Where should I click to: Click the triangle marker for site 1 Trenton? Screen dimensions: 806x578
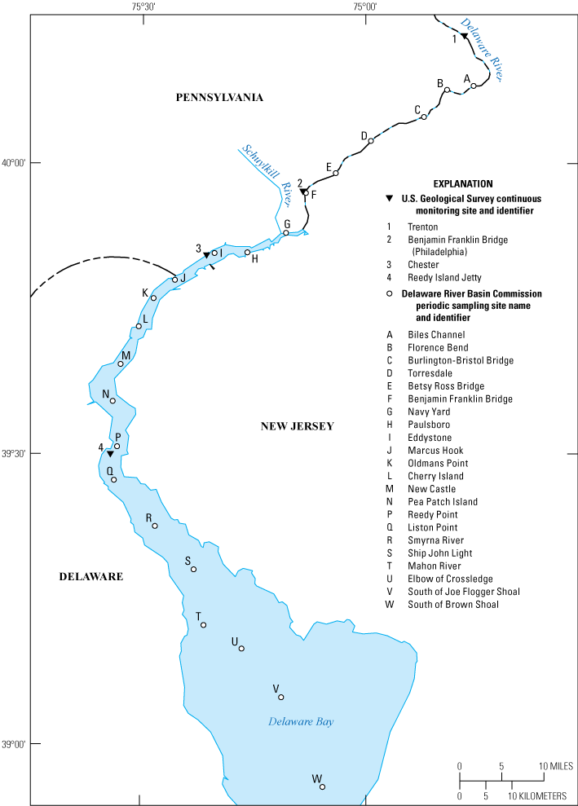464,37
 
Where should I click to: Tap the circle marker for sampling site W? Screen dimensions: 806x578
322,786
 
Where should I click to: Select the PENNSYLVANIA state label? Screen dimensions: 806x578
220,97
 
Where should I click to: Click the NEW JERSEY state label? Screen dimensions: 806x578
298,426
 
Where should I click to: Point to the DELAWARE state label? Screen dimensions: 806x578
90,576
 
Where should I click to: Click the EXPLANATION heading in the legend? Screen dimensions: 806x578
464,184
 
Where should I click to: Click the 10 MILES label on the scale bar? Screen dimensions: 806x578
554,767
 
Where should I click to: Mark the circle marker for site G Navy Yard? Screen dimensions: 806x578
286,233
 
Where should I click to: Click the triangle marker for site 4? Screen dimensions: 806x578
110,453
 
